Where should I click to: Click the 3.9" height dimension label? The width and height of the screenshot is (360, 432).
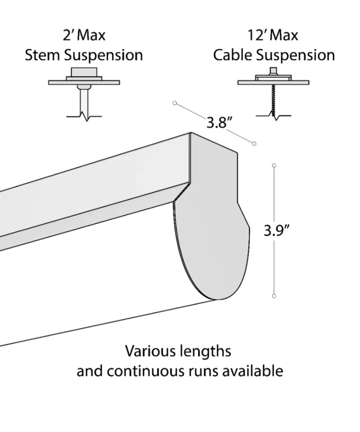[276, 230]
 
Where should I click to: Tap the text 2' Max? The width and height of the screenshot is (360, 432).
[84, 36]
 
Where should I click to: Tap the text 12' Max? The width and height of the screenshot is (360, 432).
[273, 36]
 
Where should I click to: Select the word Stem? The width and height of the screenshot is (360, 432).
[42, 55]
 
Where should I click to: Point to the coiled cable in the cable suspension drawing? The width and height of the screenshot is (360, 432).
[274, 99]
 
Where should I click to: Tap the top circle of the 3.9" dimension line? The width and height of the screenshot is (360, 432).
[274, 165]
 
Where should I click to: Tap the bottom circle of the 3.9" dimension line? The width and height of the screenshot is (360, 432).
[274, 296]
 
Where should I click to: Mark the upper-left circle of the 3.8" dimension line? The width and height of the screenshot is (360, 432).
[175, 103]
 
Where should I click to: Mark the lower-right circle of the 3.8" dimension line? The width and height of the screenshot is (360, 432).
[255, 144]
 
